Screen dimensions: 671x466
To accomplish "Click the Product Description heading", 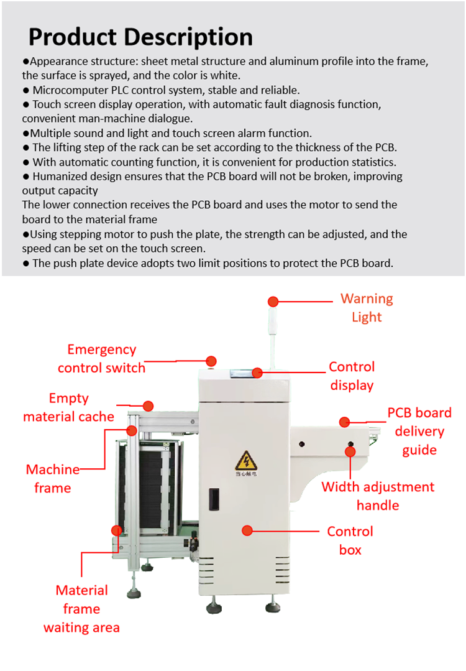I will point(140,37).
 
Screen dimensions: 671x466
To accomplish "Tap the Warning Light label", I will point(367,308).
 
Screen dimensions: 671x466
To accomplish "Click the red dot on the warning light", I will point(273,302).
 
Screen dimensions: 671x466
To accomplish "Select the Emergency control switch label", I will point(101,359).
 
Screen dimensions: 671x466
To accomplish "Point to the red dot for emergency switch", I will point(211,361).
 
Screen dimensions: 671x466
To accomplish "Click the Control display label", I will point(352,376).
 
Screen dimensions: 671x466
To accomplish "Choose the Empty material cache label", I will point(68,407).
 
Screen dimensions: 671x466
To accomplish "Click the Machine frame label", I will point(53,478).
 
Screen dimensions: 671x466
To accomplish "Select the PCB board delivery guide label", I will point(419,431).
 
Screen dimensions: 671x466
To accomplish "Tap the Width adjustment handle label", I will point(378,496).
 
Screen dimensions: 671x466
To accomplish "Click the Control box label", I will point(350,540).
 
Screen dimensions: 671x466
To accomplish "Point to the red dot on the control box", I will point(247,530).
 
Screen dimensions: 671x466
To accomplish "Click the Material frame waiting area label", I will point(81,608).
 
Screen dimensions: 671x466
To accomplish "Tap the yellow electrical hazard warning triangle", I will point(243,461).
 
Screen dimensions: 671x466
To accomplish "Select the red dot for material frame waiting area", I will point(116,530).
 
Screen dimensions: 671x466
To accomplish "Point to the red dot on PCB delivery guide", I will point(345,422).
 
